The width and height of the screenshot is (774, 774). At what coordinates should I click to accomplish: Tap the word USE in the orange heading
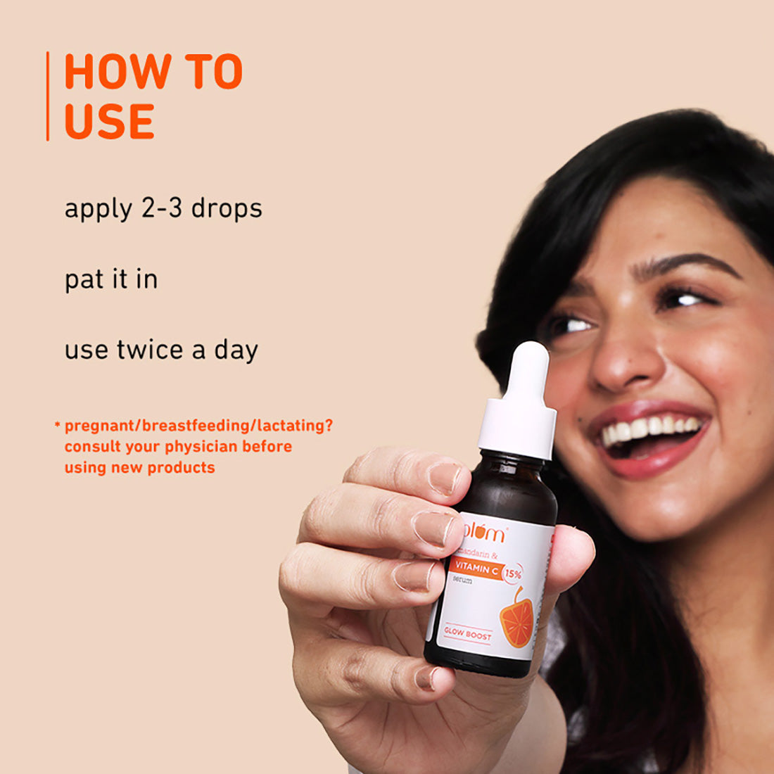point(109,121)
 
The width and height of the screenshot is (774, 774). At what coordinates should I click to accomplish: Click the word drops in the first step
point(227,209)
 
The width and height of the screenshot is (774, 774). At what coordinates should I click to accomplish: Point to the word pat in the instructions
point(84,280)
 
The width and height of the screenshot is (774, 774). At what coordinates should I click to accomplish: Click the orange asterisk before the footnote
point(57,425)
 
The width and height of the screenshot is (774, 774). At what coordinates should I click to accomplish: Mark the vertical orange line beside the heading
point(48,96)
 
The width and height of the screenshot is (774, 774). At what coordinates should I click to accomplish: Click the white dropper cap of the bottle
point(519,401)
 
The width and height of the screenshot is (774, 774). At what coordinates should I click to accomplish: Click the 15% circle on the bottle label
point(513,574)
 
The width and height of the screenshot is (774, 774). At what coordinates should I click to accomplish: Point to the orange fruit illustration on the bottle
point(517,620)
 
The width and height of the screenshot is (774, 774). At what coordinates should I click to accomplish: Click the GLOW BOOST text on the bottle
point(468,634)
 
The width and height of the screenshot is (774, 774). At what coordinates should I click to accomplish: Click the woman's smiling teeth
point(651,429)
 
